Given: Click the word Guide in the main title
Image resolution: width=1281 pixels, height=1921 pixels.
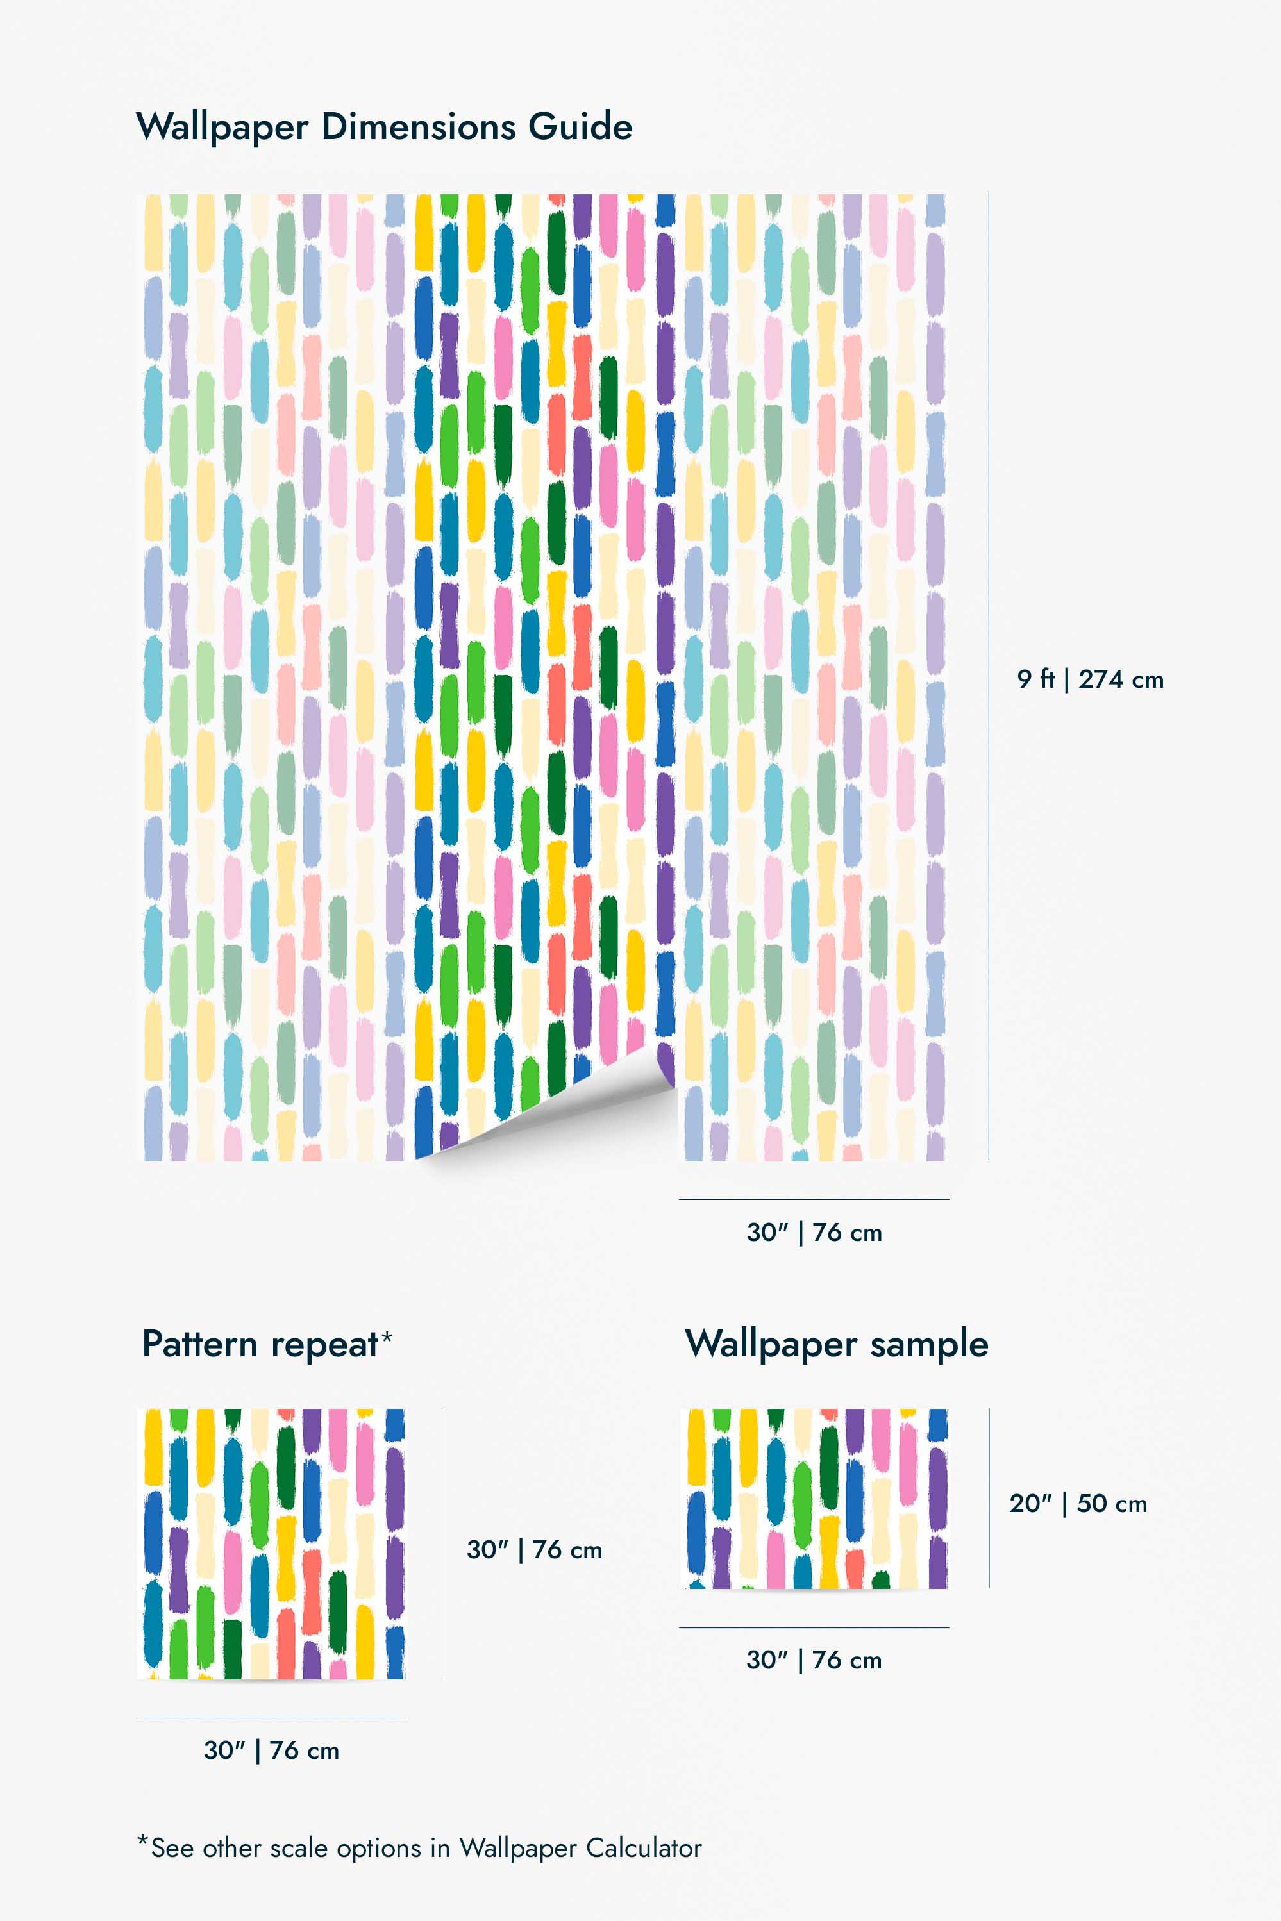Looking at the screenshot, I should pyautogui.click(x=580, y=128).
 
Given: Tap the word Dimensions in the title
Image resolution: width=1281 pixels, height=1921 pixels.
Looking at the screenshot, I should pyautogui.click(x=418, y=128).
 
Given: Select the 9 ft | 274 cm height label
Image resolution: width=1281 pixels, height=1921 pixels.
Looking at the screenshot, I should pyautogui.click(x=1090, y=679).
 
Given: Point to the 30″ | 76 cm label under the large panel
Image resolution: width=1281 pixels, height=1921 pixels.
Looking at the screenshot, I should pyautogui.click(x=814, y=1233).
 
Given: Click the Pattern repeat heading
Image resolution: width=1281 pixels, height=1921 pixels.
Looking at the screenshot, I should pyautogui.click(x=260, y=1344).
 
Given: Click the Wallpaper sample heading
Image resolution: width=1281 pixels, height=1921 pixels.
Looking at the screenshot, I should pyautogui.click(x=837, y=1344).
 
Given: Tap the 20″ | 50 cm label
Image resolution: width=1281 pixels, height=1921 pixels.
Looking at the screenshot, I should pyautogui.click(x=1078, y=1504).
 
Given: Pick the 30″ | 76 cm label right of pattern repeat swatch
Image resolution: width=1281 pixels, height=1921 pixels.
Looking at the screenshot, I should pyautogui.click(x=534, y=1549).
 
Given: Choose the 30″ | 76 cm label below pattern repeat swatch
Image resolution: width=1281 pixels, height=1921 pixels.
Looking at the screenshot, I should pyautogui.click(x=271, y=1751).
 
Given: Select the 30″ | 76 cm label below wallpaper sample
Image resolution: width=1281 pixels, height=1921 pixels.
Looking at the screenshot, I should pyautogui.click(x=814, y=1659).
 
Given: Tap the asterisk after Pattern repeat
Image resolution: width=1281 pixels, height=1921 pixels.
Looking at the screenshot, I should pyautogui.click(x=387, y=1336).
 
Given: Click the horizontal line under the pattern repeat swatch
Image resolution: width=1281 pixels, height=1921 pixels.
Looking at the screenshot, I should pyautogui.click(x=271, y=1718).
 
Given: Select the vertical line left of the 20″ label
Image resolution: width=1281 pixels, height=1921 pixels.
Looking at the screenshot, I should pyautogui.click(x=989, y=1498).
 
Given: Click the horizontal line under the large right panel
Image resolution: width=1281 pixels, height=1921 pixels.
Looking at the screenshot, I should pyautogui.click(x=814, y=1199).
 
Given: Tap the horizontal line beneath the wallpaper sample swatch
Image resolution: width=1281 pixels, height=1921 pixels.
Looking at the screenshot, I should pyautogui.click(x=814, y=1627).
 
